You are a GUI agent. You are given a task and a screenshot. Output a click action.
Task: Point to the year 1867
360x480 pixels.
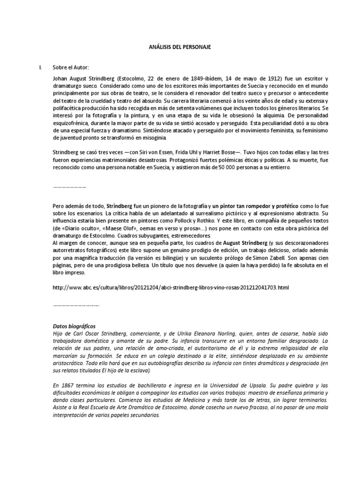pos(67,383)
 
